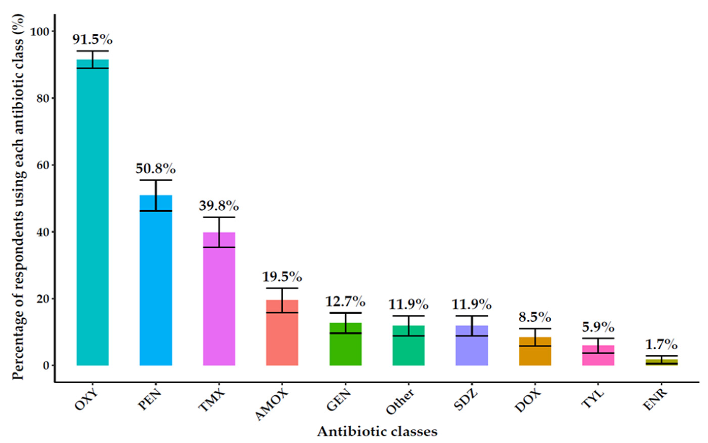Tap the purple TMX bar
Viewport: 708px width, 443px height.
[219, 299]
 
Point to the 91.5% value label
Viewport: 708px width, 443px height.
[93, 40]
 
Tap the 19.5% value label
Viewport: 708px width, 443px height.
[282, 277]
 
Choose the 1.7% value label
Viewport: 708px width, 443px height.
[661, 345]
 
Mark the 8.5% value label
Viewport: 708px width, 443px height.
[535, 317]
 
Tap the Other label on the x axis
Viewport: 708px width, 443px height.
[400, 402]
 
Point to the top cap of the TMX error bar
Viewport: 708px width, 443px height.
[219, 217]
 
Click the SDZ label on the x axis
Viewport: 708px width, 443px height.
[465, 400]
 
